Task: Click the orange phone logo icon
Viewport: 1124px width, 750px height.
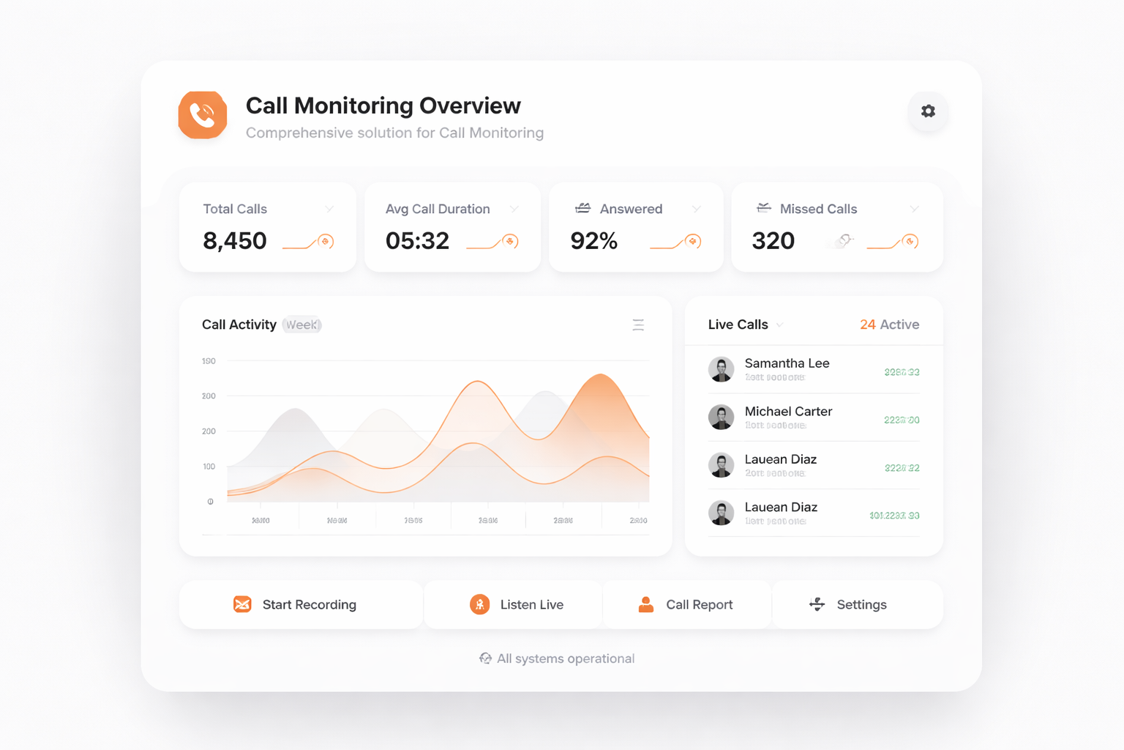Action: tap(203, 115)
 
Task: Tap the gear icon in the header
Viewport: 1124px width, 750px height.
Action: tap(928, 111)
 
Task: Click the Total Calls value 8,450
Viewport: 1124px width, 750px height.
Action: tap(235, 241)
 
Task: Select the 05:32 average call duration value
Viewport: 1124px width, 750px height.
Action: tap(417, 241)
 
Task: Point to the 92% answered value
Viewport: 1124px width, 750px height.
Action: tap(593, 241)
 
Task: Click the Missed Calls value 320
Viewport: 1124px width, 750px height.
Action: tap(773, 241)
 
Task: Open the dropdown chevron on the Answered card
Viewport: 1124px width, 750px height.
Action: tap(696, 209)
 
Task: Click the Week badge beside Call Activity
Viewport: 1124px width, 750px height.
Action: tap(301, 324)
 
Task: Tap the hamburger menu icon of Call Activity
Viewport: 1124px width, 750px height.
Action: tap(638, 324)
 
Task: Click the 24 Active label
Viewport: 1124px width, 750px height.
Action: tap(889, 324)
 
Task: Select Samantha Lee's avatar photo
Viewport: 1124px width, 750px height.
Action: tap(721, 369)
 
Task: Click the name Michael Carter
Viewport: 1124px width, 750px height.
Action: tap(788, 412)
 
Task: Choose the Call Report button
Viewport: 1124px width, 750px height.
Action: tap(686, 605)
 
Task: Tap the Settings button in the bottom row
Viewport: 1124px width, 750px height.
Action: tap(849, 605)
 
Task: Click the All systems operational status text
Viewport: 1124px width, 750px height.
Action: tap(565, 658)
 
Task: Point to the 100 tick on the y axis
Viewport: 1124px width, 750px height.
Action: tap(209, 467)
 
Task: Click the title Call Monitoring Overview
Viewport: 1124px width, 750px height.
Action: tap(383, 105)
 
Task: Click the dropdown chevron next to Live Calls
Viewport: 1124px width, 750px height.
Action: tap(780, 325)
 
